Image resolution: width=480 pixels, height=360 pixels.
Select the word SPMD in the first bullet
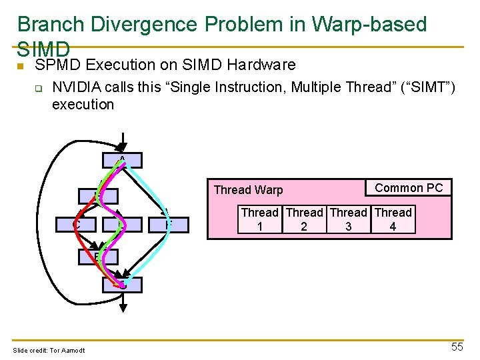coord(58,65)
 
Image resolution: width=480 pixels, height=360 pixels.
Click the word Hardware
coord(261,65)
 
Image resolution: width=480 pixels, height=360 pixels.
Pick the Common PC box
coord(409,188)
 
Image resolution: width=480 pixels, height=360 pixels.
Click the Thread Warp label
coord(248,190)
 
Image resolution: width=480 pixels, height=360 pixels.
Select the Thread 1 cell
coord(259,220)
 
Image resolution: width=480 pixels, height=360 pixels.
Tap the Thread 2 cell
coord(304,220)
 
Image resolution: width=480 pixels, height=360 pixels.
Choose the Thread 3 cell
coord(349,220)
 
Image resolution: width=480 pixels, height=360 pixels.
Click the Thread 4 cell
coord(393,220)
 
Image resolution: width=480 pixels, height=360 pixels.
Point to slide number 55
coord(457,347)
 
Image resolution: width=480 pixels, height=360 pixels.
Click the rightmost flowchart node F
coord(169,225)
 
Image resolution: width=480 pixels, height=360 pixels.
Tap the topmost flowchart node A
coord(122,160)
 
